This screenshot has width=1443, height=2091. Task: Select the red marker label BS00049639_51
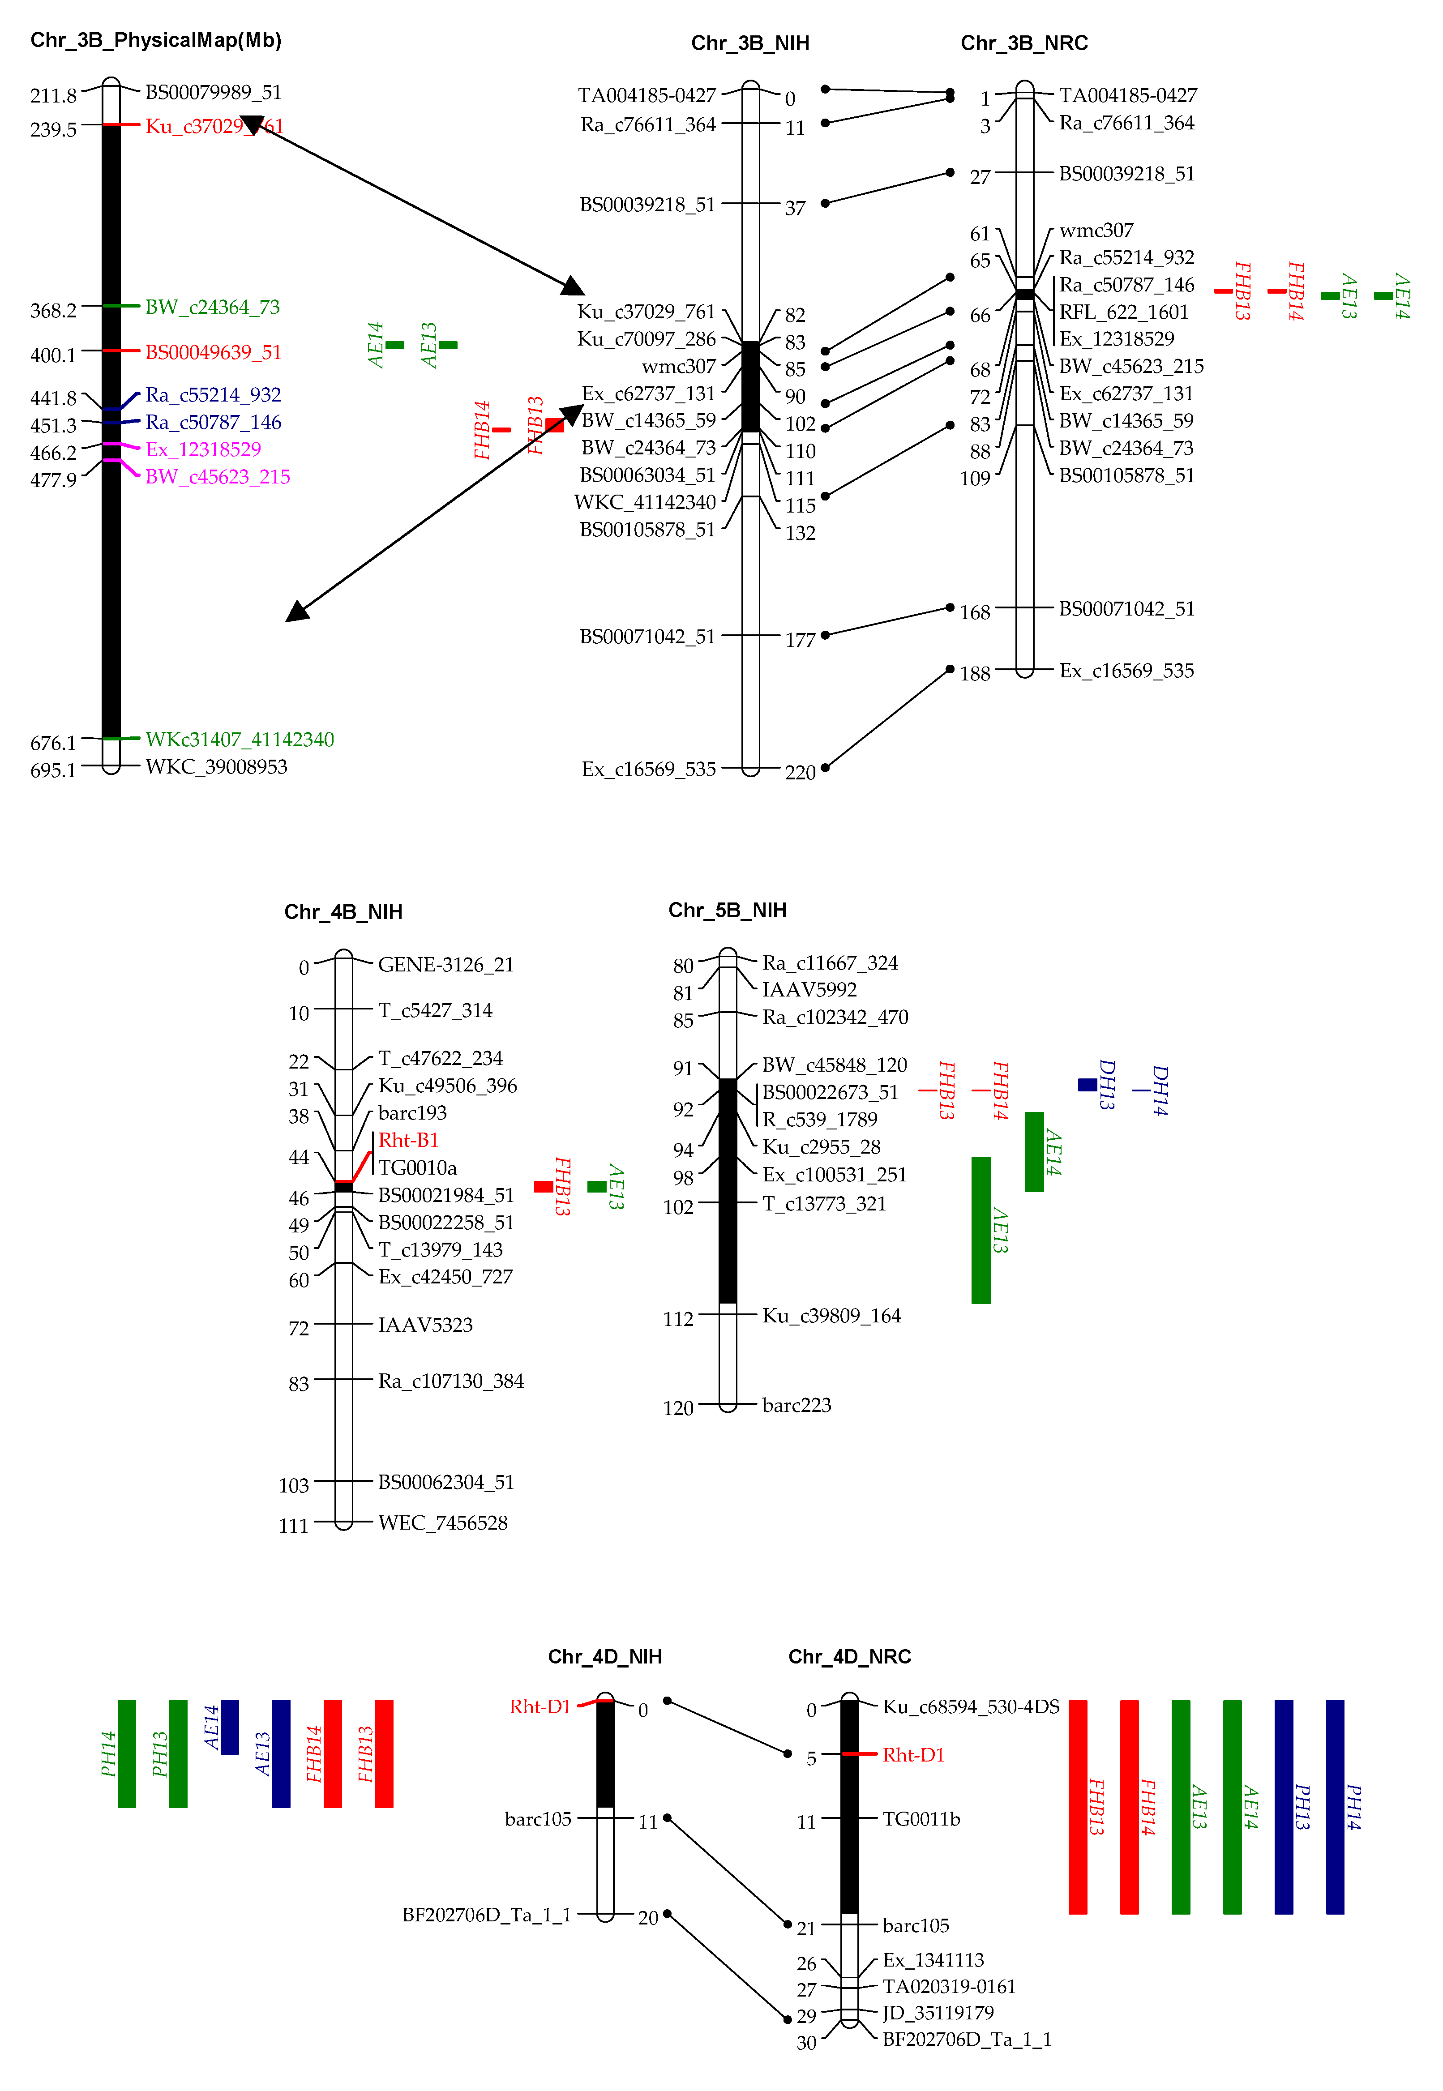(x=214, y=353)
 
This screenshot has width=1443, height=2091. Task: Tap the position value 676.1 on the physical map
(x=53, y=743)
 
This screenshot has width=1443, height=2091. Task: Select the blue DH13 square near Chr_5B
(x=1088, y=1085)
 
